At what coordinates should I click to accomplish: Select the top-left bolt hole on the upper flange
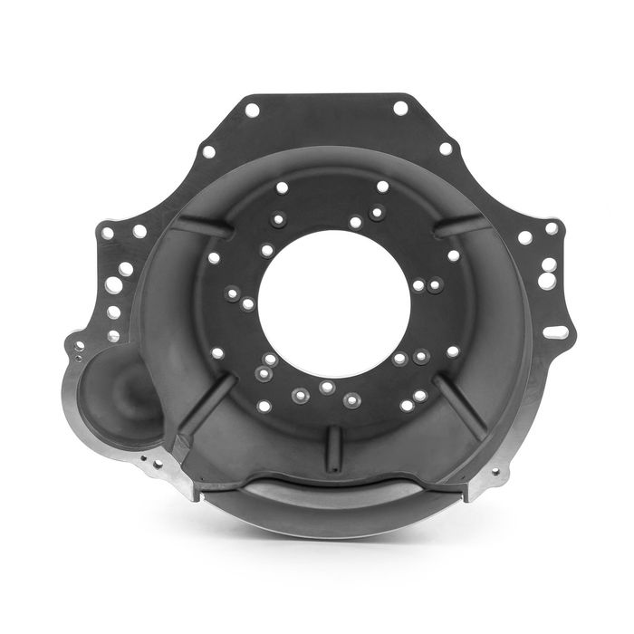pos(252,110)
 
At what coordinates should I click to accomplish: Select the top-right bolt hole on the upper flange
pos(400,108)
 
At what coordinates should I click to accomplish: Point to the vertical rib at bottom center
pos(334,448)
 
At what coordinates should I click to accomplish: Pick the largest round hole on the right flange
pos(547,281)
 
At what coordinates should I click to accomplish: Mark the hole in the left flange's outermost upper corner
pos(107,233)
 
